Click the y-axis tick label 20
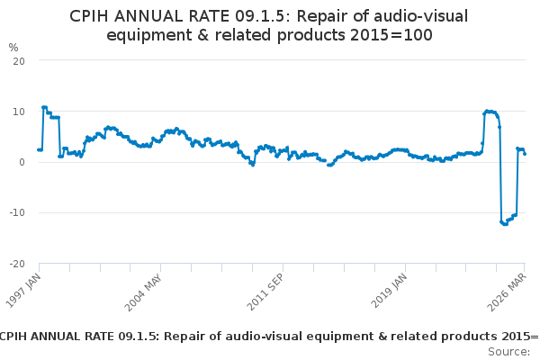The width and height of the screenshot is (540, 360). (x=18, y=60)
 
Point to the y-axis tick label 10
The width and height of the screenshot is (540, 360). (x=18, y=112)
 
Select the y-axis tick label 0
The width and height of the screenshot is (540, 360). (x=21, y=162)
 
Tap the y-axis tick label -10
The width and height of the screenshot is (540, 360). (x=15, y=213)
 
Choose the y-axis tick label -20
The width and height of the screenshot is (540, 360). (x=15, y=264)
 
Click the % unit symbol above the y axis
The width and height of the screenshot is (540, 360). (x=13, y=47)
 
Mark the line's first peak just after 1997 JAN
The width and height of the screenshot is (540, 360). (x=44, y=107)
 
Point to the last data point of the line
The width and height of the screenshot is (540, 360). (x=525, y=154)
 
